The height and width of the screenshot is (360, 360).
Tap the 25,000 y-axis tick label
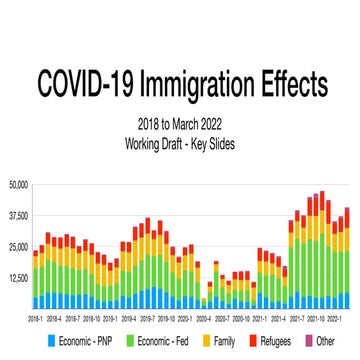tap(18, 247)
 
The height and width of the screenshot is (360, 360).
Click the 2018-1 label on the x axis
tap(35, 319)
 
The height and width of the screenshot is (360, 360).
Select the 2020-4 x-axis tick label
tap(204, 319)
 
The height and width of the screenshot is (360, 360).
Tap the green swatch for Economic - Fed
tap(130, 343)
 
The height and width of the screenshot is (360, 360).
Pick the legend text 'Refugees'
tap(279, 343)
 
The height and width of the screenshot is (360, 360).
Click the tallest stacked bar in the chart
tap(321, 250)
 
